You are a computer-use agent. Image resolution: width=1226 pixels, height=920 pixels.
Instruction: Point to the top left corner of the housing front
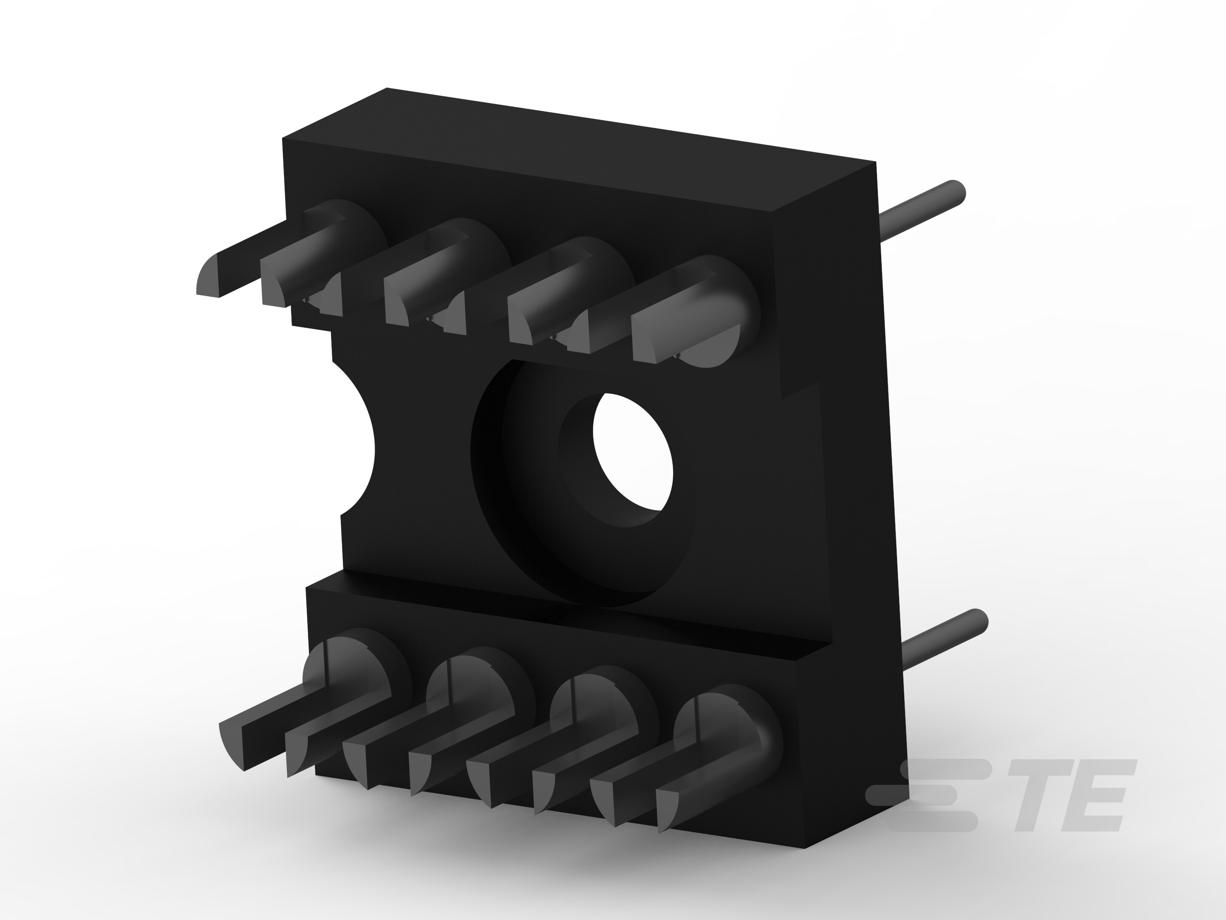pyautogui.click(x=284, y=140)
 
